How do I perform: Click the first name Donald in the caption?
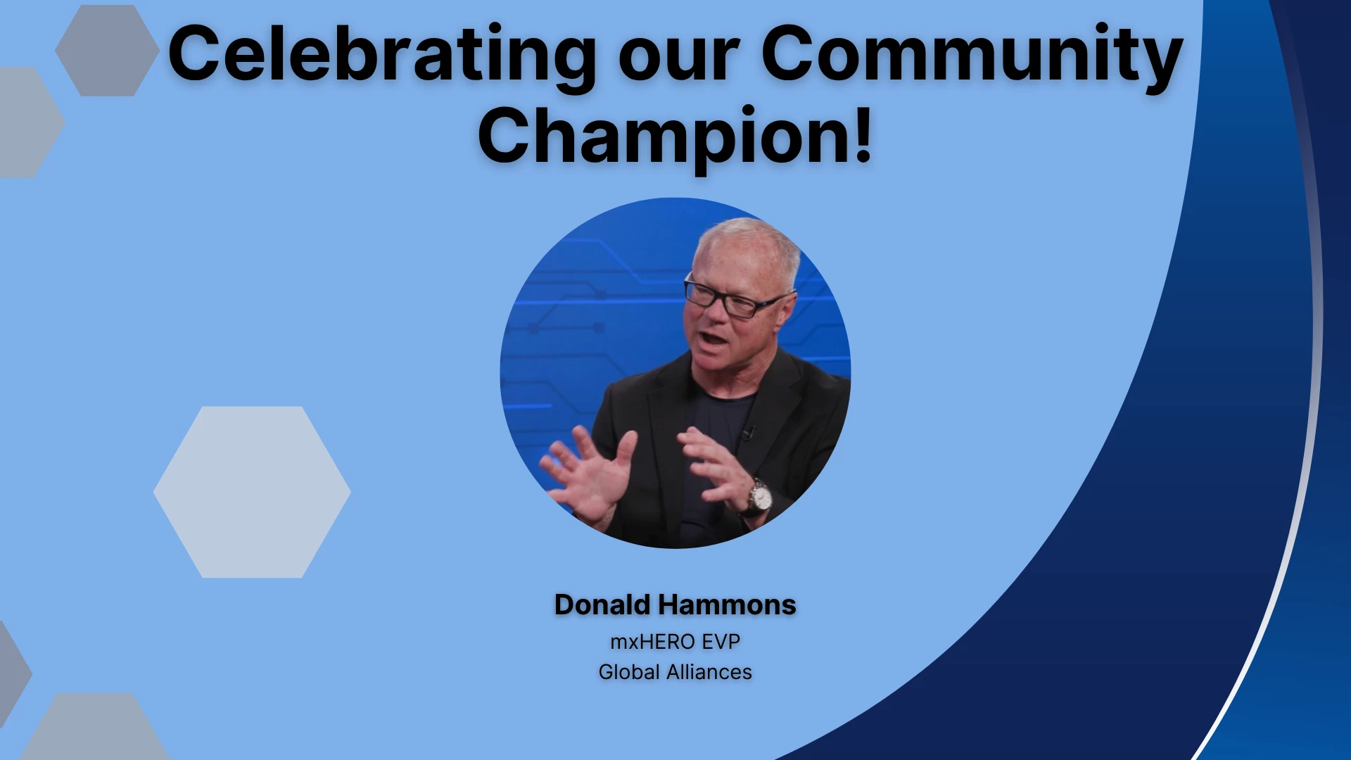coord(602,604)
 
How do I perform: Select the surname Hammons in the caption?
coord(727,604)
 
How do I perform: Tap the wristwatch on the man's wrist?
coord(759,498)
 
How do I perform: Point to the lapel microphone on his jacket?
coord(749,431)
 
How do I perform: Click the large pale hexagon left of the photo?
coord(252,492)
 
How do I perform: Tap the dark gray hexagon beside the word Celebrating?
coord(107,51)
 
